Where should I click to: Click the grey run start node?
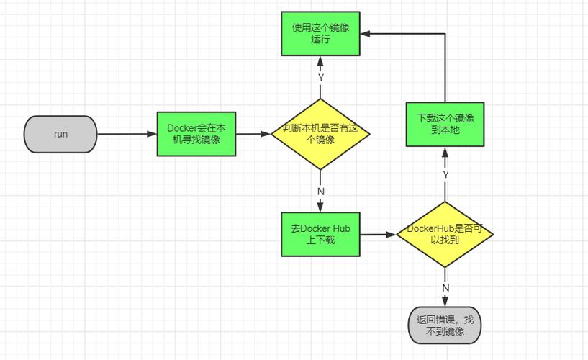[60, 134]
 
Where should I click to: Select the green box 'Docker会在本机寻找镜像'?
[196, 134]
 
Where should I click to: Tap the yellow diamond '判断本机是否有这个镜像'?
[320, 134]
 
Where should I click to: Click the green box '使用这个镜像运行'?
[320, 34]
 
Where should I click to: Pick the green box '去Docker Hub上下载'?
[320, 234]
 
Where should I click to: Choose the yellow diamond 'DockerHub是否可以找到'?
[445, 234]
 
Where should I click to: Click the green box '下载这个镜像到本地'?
[445, 123]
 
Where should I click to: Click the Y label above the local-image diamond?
[321, 77]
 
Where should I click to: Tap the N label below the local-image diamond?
[321, 192]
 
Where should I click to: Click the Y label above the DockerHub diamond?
[445, 174]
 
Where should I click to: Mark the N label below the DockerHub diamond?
[445, 288]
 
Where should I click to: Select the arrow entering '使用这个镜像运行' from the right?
[403, 33]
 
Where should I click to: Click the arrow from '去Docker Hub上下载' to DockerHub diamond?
[378, 234]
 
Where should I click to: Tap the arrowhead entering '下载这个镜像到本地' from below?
[445, 152]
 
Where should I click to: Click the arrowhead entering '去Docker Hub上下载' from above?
[320, 207]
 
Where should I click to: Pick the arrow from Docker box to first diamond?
[253, 134]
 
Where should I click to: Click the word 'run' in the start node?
[60, 134]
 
